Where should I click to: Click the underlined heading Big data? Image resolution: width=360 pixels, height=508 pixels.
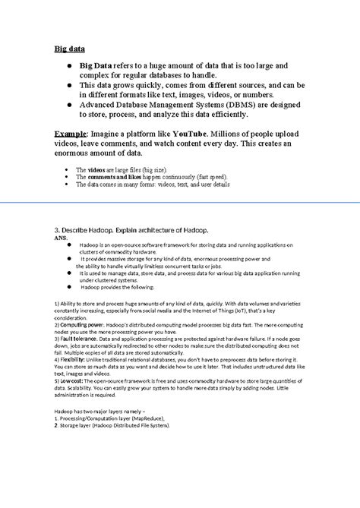click(68, 49)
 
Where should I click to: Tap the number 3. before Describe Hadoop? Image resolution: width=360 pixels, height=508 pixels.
click(57, 229)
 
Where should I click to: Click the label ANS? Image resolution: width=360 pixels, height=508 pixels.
click(61, 237)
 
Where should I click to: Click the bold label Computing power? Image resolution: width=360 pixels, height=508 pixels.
click(81, 323)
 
